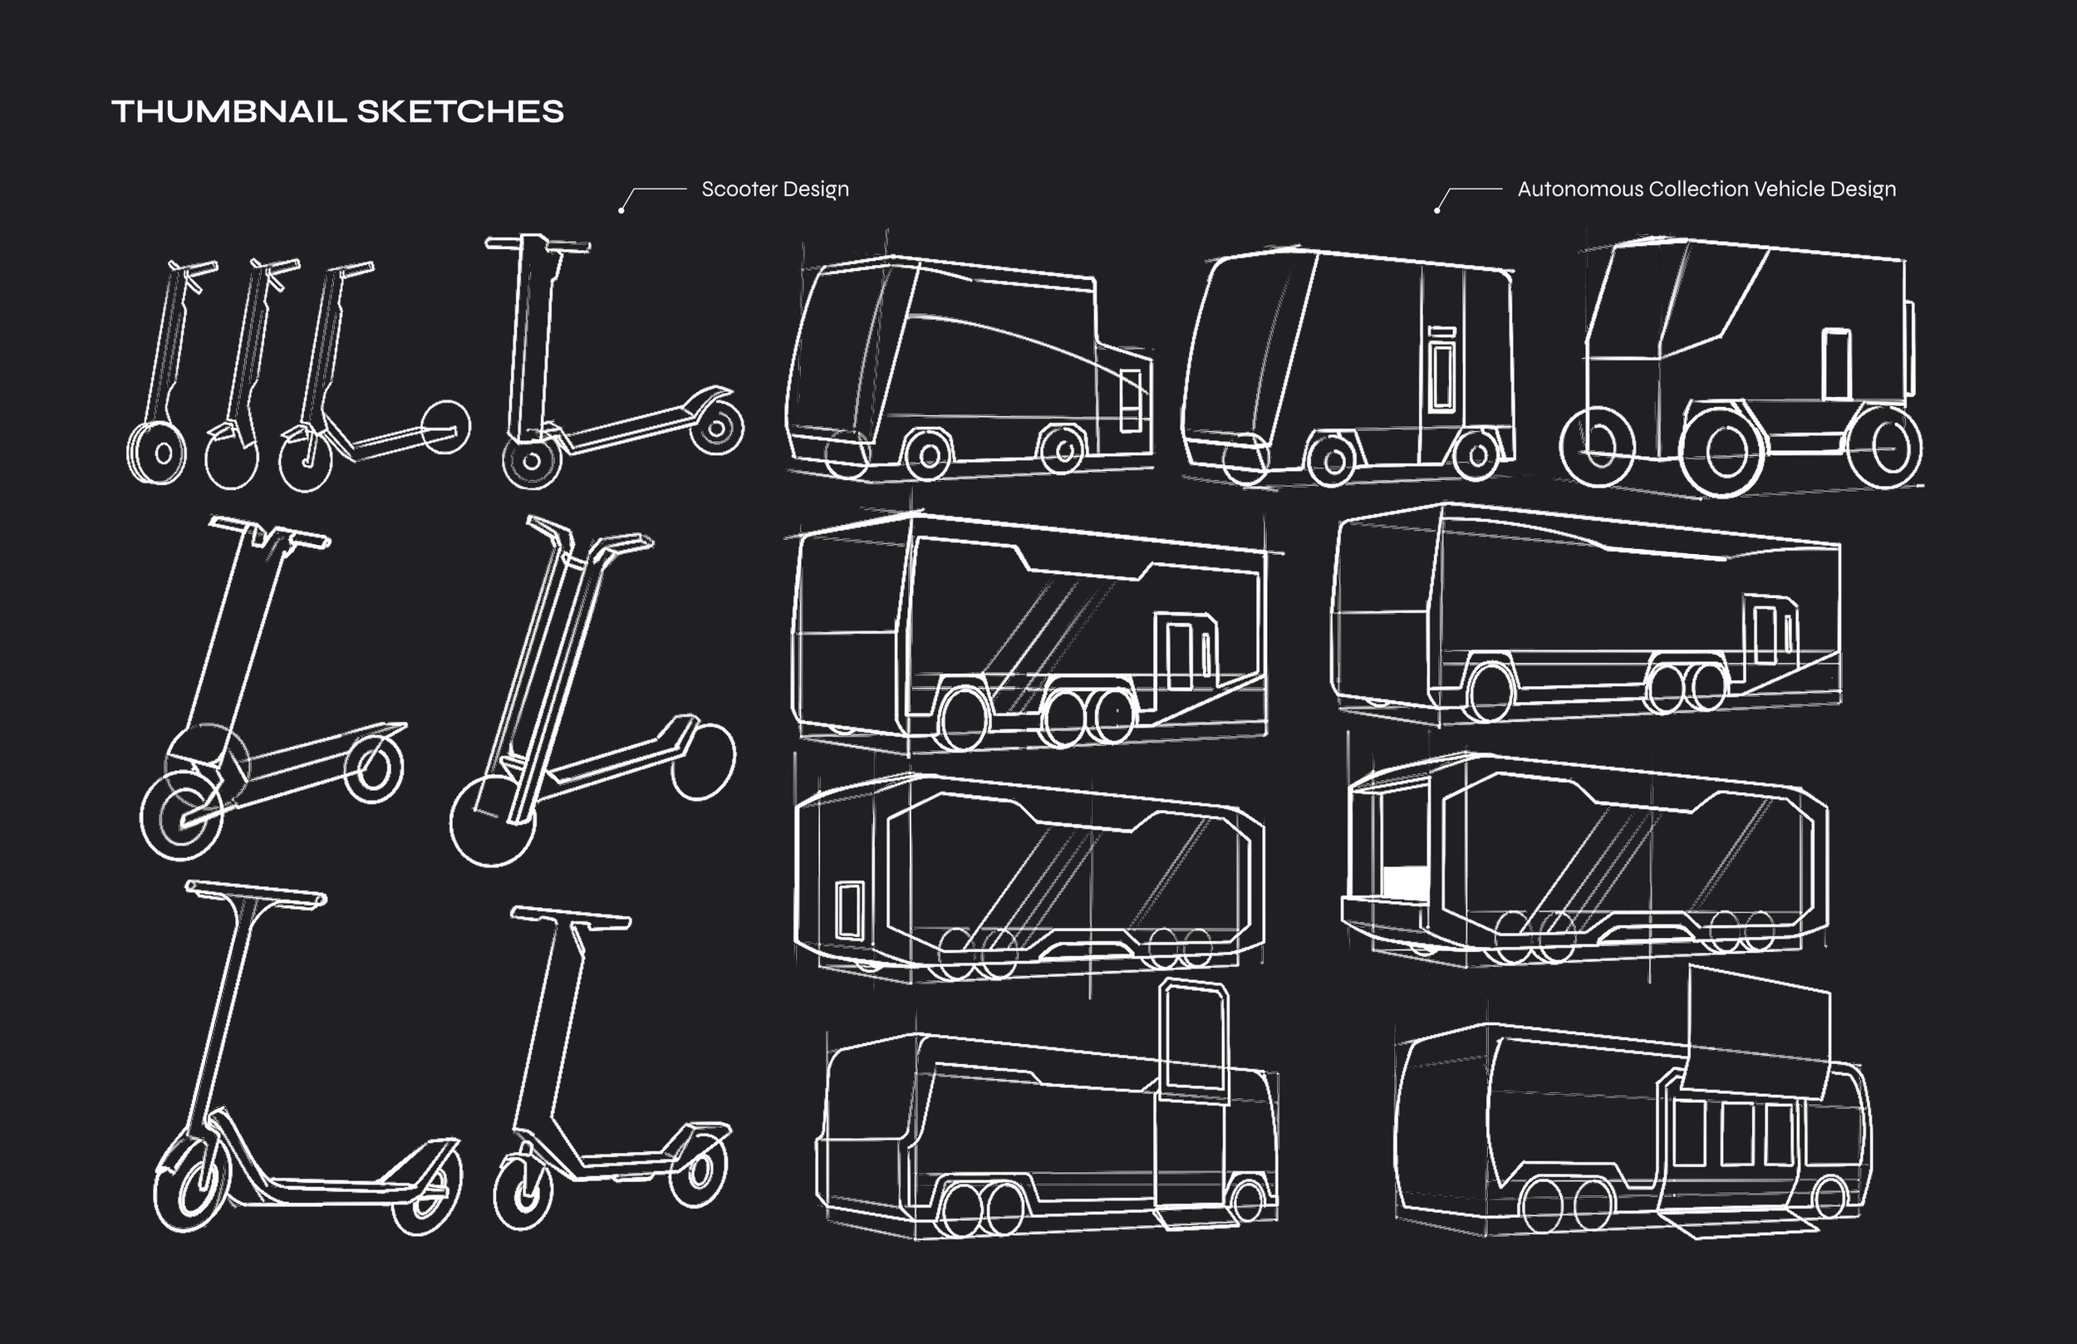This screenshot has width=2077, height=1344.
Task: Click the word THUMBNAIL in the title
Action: (x=229, y=111)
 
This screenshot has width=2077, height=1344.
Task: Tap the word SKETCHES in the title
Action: (x=461, y=111)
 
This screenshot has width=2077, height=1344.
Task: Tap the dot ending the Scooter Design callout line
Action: (x=621, y=210)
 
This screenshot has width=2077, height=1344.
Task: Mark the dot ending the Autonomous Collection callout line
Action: (x=1436, y=210)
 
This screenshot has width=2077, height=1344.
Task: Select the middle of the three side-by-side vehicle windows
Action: (x=1736, y=1134)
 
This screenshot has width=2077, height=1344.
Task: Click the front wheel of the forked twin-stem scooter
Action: (x=492, y=821)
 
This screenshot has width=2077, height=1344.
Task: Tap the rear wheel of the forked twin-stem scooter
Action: (x=704, y=761)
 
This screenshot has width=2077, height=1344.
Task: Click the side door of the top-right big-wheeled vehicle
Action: (x=1836, y=364)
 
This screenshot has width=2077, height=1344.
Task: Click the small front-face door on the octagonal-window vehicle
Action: (x=849, y=910)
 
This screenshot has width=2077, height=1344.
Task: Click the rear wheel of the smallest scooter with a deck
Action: (x=446, y=428)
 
